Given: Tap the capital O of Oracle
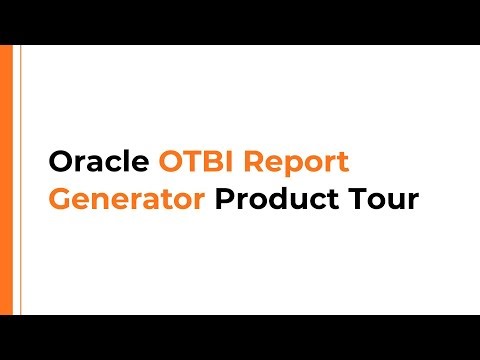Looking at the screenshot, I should point(60,162).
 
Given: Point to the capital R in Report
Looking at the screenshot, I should point(260,162).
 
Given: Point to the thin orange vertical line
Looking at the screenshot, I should point(19,180).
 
